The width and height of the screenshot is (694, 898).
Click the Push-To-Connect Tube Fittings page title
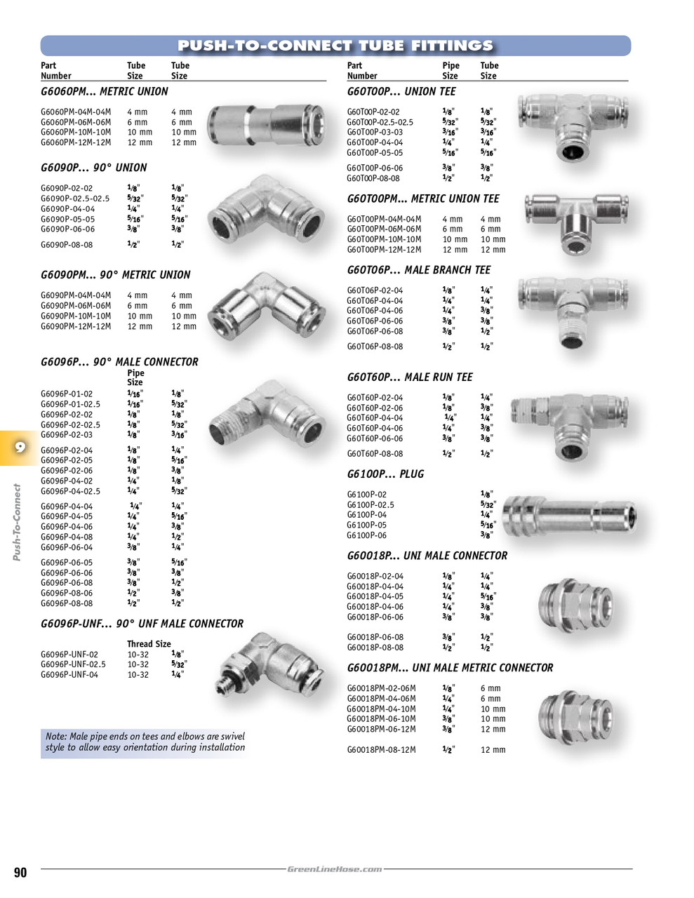pos(335,46)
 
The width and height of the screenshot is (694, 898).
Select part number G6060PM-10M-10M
pos(76,132)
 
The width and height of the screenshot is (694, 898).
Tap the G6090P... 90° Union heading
pos(94,168)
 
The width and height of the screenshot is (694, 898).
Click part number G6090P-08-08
pos(67,245)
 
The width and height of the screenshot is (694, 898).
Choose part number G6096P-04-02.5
pos(70,491)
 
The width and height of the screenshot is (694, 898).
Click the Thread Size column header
pos(149,644)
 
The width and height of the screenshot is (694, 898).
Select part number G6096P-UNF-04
pos(69,675)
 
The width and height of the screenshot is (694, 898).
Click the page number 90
pos(20,872)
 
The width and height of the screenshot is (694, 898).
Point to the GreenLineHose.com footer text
pos(335,869)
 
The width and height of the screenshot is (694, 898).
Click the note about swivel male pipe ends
pos(145,742)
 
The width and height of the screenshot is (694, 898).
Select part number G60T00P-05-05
pos(375,152)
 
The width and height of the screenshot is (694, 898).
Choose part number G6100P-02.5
pos(371,504)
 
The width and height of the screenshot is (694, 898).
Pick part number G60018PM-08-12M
pos(381,750)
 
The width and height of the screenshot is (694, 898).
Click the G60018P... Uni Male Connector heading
pos(427,556)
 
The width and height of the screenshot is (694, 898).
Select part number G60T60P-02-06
pos(375,408)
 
